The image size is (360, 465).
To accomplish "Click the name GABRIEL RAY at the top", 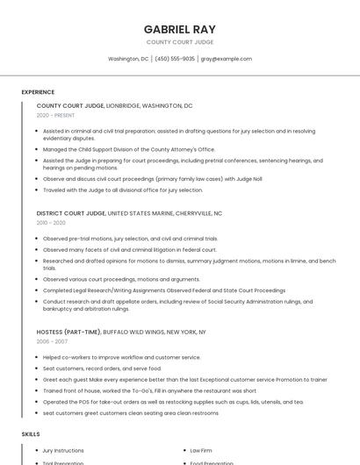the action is pyautogui.click(x=179, y=28).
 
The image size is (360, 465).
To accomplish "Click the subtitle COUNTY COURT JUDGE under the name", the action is pyautogui.click(x=179, y=41).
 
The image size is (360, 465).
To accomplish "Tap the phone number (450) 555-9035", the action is pyautogui.click(x=175, y=59).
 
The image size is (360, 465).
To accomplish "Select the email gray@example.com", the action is pyautogui.click(x=227, y=59).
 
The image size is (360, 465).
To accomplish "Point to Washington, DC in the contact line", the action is pyautogui.click(x=128, y=59).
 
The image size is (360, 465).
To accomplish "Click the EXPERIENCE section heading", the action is pyautogui.click(x=38, y=92).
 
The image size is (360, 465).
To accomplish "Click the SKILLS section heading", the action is pyautogui.click(x=30, y=433).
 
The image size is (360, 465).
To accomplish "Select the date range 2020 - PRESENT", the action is pyautogui.click(x=55, y=115).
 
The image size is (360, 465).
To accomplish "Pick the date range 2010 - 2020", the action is pyautogui.click(x=51, y=223).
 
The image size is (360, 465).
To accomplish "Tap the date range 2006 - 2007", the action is pyautogui.click(x=51, y=341).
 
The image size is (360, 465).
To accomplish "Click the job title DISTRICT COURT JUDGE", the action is pyautogui.click(x=70, y=213).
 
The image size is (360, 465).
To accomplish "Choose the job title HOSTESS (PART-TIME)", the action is pyautogui.click(x=68, y=332).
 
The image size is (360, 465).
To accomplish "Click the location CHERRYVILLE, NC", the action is pyautogui.click(x=198, y=213).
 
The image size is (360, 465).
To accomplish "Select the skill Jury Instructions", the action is pyautogui.click(x=63, y=450).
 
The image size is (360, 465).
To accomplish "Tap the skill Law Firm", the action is pyautogui.click(x=201, y=450).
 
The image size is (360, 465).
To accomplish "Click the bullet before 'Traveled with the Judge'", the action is pyautogui.click(x=37, y=190).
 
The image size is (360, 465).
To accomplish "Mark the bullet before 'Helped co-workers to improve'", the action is pyautogui.click(x=37, y=357).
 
